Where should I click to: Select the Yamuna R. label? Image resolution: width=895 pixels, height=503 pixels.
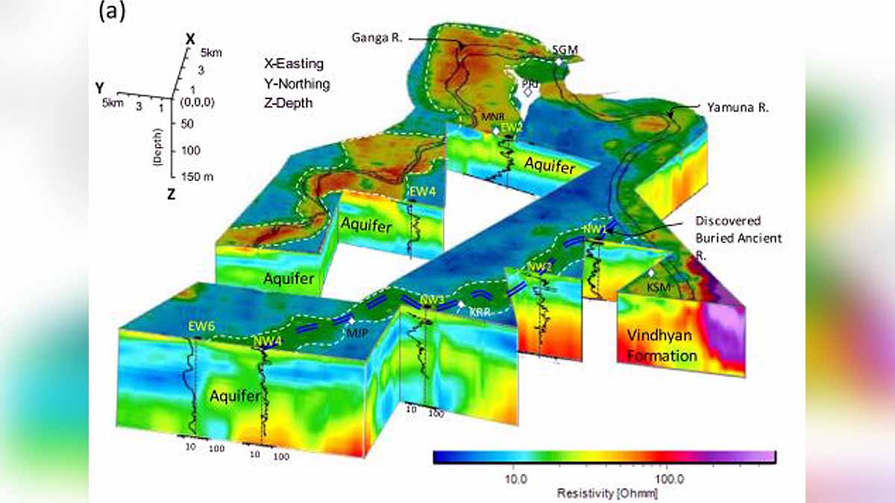(x=733, y=107)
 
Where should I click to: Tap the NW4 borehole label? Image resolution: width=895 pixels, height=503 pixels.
(x=267, y=341)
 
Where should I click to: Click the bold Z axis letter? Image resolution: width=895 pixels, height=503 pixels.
(x=172, y=195)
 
